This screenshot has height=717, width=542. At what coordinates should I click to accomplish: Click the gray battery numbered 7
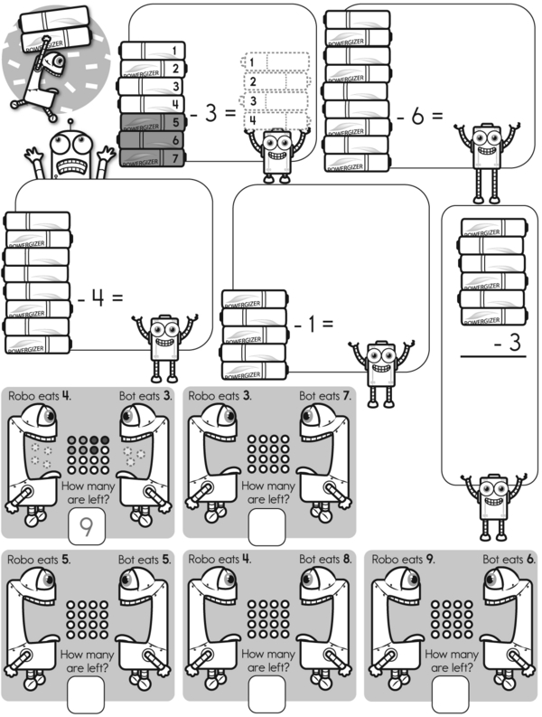tap(153, 157)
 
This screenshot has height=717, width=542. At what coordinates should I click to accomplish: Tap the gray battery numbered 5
tap(153, 121)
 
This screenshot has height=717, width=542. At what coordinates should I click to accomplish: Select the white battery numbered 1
tap(153, 50)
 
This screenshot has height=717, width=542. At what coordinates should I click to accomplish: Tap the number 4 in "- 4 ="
tap(97, 296)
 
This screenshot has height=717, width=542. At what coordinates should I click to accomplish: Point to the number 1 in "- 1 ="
tap(310, 322)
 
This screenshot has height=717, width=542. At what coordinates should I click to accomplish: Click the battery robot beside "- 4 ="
tap(163, 344)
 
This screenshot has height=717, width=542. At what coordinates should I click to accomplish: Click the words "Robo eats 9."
tap(402, 560)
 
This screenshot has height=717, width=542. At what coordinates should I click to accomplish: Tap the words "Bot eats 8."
tap(324, 560)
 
